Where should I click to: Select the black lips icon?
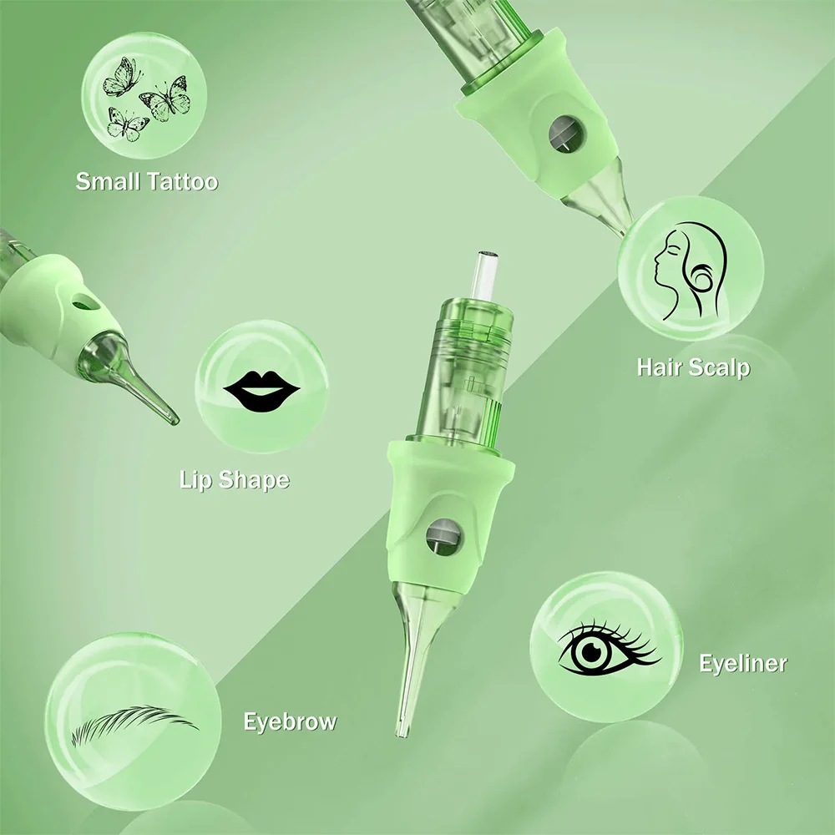click(x=261, y=390)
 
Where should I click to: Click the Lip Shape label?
click(x=234, y=479)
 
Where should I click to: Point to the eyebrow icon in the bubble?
click(x=134, y=723)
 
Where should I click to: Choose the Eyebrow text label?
click(x=289, y=721)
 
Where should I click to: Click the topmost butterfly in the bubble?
click(x=118, y=76)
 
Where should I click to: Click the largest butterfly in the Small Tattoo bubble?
click(x=167, y=98)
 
